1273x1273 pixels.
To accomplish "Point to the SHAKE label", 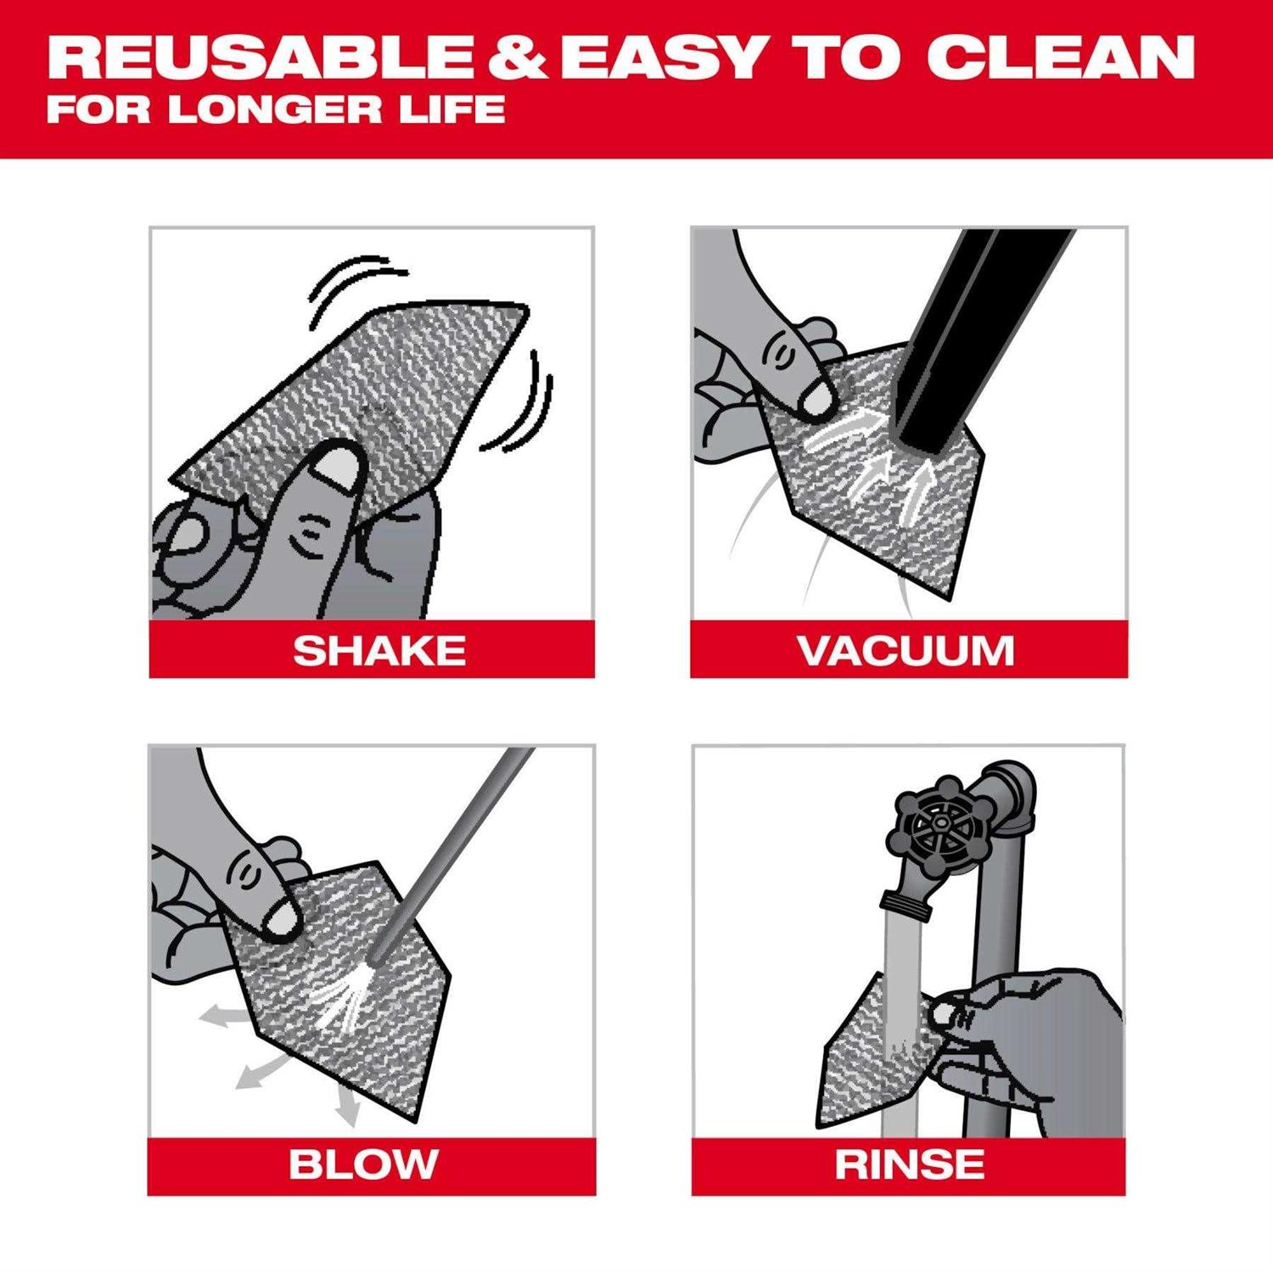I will click(x=379, y=651).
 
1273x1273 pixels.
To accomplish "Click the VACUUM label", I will click(x=906, y=651).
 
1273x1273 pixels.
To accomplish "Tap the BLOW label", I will click(x=363, y=1164).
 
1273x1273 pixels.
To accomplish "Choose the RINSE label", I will click(x=909, y=1164).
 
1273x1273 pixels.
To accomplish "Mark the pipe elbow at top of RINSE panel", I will click(x=1010, y=794).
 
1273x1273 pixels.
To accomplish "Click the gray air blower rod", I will click(x=458, y=849).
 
